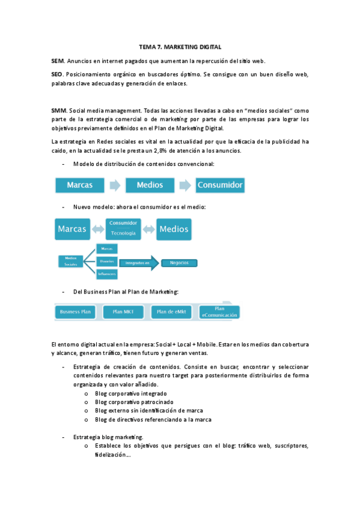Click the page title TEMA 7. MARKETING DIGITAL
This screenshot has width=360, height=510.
[180, 46]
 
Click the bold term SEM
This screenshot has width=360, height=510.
[58, 61]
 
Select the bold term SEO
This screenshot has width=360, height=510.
[58, 74]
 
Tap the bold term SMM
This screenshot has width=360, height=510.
[59, 111]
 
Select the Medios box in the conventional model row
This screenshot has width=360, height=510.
[150, 185]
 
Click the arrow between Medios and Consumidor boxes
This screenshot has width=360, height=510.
[186, 185]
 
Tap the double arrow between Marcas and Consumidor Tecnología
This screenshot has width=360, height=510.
[98, 229]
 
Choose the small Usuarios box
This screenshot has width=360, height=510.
[108, 261]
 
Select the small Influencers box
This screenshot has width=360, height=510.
[108, 274]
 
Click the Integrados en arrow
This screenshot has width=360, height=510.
[139, 262]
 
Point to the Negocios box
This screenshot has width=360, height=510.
[180, 262]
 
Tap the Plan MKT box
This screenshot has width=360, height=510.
[123, 312]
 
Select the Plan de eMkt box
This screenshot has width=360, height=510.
[171, 312]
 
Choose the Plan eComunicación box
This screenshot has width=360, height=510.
[219, 311]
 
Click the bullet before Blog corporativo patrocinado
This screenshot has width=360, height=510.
[87, 402]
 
